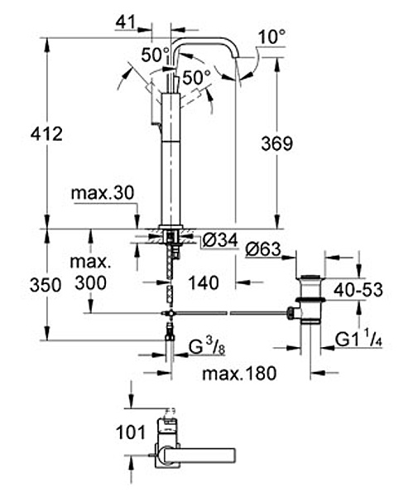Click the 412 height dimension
coord(46,134)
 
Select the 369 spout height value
coord(276,143)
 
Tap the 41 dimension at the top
coord(126,22)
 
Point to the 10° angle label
coord(272,36)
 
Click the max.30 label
coord(103,192)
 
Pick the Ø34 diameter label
coord(220,240)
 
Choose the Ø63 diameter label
coord(263,249)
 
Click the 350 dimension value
coord(46,285)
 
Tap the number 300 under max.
coord(90,282)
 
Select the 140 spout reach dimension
coord(204,282)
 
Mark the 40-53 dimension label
coord(358,290)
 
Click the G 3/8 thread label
coord(207,348)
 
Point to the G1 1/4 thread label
coord(358,340)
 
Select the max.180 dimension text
coord(239,374)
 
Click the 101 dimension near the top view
coord(131,432)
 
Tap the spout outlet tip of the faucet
coord(236,57)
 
